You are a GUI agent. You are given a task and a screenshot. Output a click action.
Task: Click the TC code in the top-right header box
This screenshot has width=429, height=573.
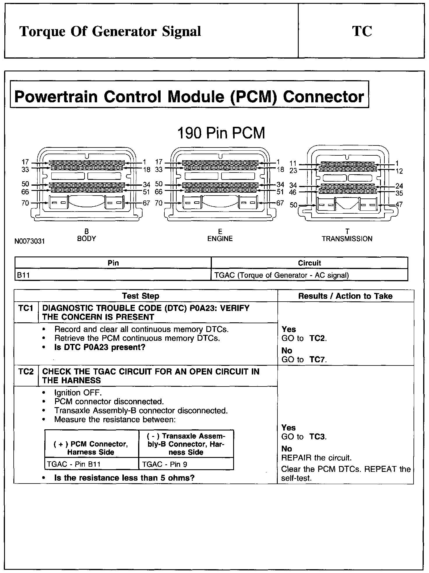click(362, 31)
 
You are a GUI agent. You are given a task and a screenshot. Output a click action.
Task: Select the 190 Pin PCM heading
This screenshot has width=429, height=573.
click(221, 133)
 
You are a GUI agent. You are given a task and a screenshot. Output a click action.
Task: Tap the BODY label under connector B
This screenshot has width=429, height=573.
click(87, 238)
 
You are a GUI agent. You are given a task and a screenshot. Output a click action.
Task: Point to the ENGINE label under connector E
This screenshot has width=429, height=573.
click(220, 239)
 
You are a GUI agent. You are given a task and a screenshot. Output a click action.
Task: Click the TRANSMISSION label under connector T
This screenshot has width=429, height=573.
click(347, 239)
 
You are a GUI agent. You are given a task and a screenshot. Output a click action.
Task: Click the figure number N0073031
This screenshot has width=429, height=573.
click(30, 242)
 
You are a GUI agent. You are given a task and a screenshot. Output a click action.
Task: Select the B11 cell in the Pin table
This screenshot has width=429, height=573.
click(23, 275)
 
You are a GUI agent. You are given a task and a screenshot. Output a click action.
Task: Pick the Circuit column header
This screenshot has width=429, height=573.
click(309, 263)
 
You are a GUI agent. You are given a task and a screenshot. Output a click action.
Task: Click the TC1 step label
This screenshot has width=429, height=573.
click(26, 308)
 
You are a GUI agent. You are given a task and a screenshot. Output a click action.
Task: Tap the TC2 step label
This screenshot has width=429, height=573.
click(26, 372)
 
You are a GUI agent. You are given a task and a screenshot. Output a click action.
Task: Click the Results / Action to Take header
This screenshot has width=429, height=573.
click(345, 296)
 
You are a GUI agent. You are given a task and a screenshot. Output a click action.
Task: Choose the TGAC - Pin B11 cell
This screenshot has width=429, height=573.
click(74, 464)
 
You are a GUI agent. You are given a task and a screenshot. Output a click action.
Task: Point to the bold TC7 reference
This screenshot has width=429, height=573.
click(317, 359)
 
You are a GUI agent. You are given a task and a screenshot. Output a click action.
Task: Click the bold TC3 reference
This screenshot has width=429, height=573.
click(317, 437)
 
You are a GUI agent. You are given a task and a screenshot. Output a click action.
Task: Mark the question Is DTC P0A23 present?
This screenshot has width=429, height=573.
click(100, 347)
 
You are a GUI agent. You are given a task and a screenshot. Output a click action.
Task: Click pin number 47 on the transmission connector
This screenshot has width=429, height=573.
click(399, 205)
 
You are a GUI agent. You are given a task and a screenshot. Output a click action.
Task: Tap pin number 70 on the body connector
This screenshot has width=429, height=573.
click(25, 203)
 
